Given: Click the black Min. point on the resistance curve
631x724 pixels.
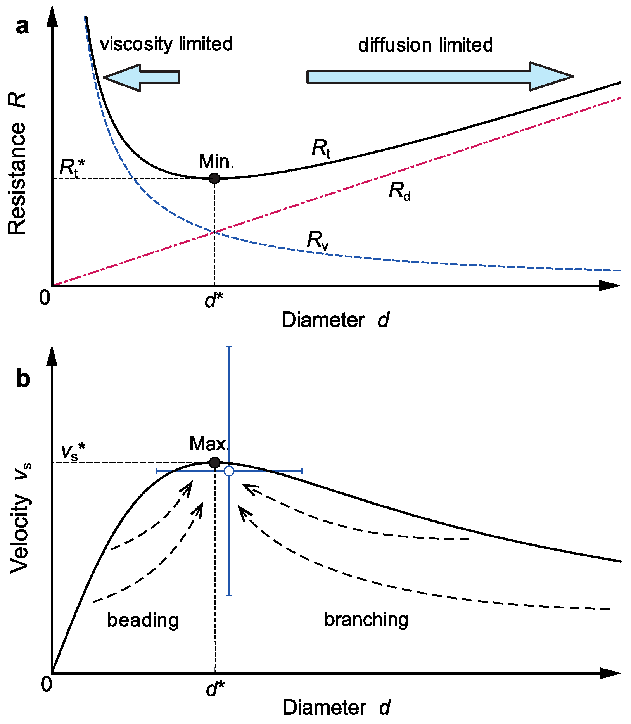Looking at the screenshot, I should click(x=214, y=178).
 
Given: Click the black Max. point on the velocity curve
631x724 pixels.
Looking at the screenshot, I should click(x=214, y=462).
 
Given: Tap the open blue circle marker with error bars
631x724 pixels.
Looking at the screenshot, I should click(x=229, y=471).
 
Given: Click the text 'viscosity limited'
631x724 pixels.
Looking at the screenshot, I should click(x=166, y=45).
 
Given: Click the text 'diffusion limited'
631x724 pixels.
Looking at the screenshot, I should click(x=425, y=45).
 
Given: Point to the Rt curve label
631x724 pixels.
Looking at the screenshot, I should click(x=321, y=149).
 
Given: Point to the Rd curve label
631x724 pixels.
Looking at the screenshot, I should click(x=399, y=192).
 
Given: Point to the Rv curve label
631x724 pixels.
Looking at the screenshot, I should click(x=318, y=240).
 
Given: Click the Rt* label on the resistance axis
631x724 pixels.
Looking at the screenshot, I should click(x=72, y=168).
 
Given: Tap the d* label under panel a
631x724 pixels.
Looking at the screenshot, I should click(x=214, y=300).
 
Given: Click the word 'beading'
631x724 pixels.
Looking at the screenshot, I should click(x=143, y=620).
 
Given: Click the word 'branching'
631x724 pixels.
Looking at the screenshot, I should click(x=366, y=620).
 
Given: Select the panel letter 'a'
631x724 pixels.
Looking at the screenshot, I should click(x=22, y=27).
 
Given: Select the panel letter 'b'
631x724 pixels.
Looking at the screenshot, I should click(x=23, y=378).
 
